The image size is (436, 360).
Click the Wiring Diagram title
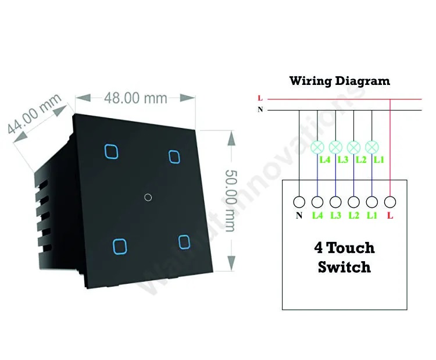tap(339, 81)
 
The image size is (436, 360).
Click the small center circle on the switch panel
tap(148, 197)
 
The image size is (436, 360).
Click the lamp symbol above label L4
tap(317, 147)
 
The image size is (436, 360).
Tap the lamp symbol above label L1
tap(371, 147)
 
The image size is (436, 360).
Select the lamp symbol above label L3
tap(335, 147)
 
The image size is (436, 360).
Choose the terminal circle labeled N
tap(299, 202)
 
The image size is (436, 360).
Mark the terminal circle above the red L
tap(390, 202)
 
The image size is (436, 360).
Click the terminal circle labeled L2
tap(353, 202)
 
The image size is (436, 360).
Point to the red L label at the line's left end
tap(260, 99)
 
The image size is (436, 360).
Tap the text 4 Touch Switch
tap(344, 258)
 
